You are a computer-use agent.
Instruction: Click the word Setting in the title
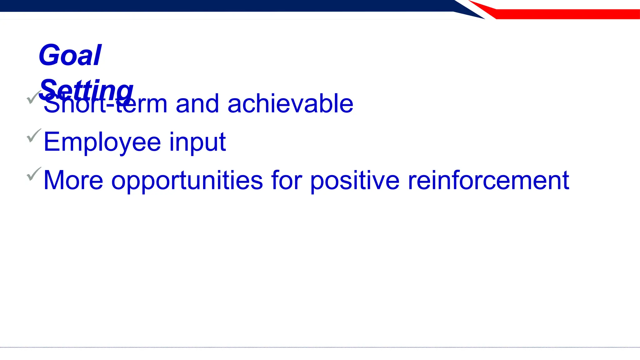coord(86,90)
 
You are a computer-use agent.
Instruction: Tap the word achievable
coord(290,104)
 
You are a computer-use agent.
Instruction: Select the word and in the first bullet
coord(197,104)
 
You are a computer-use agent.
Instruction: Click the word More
coord(73,180)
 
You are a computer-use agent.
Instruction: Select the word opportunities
coord(187,180)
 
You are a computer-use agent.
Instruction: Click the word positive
coord(355,180)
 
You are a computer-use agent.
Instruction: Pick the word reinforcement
coord(488,180)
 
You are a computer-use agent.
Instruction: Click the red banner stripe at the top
coord(562,14)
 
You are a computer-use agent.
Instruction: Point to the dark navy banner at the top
coord(219,6)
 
